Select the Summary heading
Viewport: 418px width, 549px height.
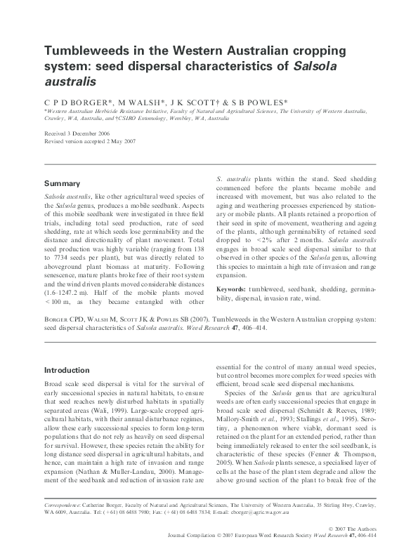pyautogui.click(x=62, y=183)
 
